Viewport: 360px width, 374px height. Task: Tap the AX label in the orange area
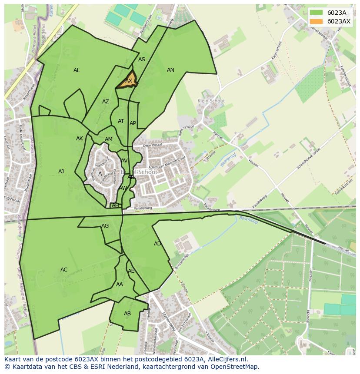pos(129,81)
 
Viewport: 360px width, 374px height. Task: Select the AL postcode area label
pos(77,70)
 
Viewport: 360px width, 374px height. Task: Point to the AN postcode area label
pos(170,70)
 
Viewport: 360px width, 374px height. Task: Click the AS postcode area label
pos(142,60)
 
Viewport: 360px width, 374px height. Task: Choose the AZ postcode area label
pos(106,102)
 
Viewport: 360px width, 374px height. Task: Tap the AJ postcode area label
pos(61,172)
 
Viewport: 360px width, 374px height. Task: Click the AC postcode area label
pos(64,270)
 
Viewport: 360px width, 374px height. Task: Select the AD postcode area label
pos(157,244)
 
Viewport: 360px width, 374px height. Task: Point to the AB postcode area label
pos(127,314)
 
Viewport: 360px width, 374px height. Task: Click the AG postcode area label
pos(105,226)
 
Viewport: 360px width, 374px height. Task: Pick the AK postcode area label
pos(80,139)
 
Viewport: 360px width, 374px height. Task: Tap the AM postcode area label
pos(109,139)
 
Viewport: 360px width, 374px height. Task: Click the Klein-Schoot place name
pos(211,101)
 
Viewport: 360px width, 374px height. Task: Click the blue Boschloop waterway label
pos(248,219)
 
